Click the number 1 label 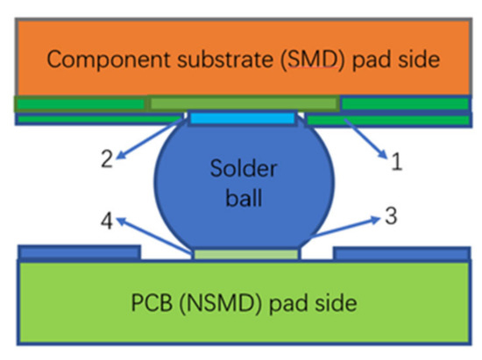click(396, 161)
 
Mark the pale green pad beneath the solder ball click(246, 254)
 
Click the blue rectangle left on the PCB click(79, 253)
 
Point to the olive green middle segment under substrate click(243, 103)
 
